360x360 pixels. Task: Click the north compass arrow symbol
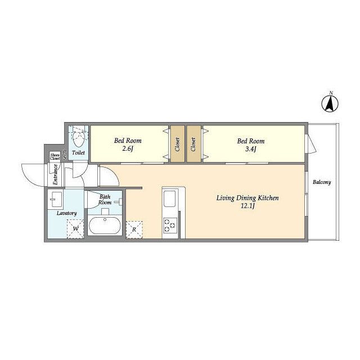330,103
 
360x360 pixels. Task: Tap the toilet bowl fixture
78,139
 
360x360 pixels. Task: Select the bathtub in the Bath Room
105,226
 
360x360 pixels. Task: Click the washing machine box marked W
75,229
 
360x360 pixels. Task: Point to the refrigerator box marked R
134,229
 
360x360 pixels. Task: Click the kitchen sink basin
169,199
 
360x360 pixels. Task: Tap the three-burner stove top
170,226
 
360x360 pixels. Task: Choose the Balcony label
322,182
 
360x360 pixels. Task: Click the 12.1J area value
247,206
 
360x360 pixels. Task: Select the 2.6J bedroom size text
128,148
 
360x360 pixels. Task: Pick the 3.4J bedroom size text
250,149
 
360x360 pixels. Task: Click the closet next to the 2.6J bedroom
177,144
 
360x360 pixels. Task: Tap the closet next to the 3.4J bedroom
193,144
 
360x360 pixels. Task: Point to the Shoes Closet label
55,157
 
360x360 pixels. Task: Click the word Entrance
55,174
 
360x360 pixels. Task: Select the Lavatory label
66,213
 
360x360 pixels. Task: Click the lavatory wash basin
56,199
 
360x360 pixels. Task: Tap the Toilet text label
78,152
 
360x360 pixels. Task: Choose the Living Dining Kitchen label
247,198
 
